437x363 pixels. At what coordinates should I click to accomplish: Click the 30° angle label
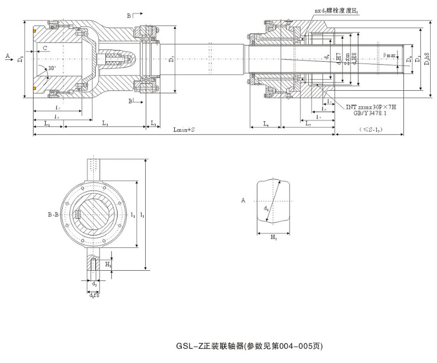tap(52, 68)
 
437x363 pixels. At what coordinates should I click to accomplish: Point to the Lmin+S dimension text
tap(185, 130)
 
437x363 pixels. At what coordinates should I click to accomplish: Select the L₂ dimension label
tap(105, 124)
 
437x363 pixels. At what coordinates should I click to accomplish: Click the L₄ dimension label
tap(266, 124)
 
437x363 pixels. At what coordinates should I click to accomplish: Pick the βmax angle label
tap(390, 55)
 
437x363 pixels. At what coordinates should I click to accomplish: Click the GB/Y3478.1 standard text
tap(368, 113)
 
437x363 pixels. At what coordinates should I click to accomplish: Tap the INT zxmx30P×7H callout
tap(371, 107)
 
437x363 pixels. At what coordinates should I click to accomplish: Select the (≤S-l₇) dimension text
tap(370, 130)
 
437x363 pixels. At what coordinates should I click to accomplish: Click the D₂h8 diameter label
tap(427, 58)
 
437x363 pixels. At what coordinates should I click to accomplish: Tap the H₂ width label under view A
tap(273, 238)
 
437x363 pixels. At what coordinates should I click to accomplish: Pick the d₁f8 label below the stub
tap(94, 296)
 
